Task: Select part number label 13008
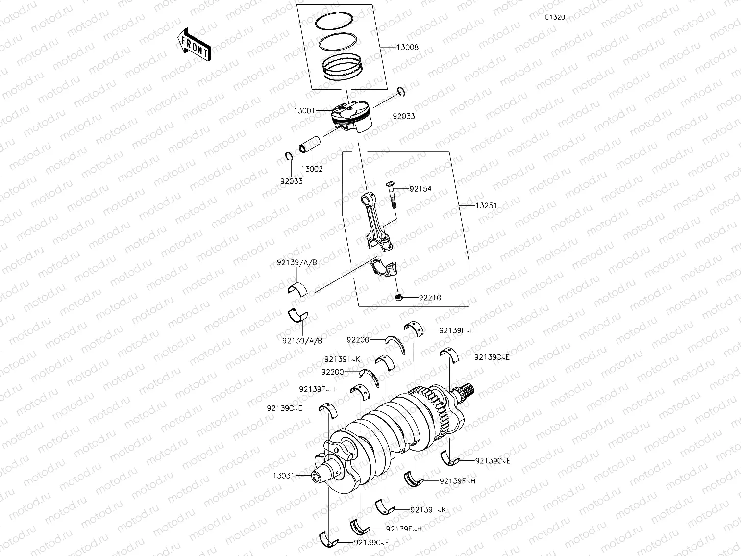[x=407, y=48]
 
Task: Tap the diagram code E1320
[x=555, y=17]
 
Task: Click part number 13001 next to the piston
[x=304, y=111]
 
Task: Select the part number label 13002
[x=312, y=169]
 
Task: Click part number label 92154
[x=420, y=188]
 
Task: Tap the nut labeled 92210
[x=399, y=297]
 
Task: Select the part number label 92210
[x=430, y=298]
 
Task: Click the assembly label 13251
[x=486, y=205]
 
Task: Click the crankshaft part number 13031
[x=284, y=475]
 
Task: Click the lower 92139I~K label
[x=428, y=510]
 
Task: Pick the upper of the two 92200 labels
[x=357, y=339]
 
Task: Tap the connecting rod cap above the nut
[x=385, y=269]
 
